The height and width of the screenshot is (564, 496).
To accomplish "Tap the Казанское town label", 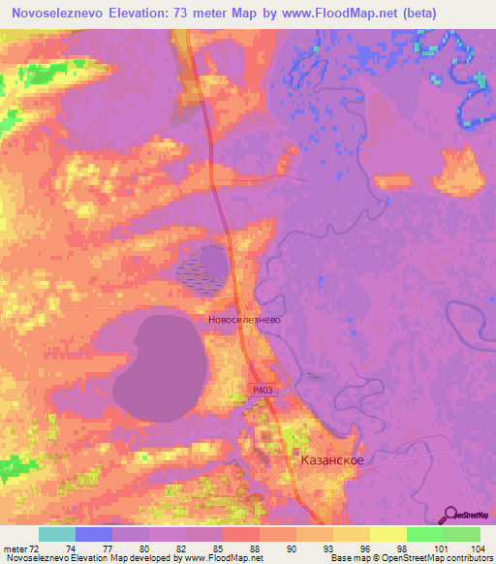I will tap(332, 460).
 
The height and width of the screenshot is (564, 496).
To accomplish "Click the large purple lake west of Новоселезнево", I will tap(161, 363).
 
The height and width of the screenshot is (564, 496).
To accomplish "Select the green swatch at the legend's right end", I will tap(461, 534).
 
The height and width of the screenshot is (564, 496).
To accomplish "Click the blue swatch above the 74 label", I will tap(93, 534).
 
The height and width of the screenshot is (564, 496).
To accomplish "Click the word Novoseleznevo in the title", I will tap(62, 14).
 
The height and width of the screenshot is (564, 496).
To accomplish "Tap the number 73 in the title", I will tap(201, 14).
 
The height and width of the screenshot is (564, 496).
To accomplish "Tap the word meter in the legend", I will tap(14, 548).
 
